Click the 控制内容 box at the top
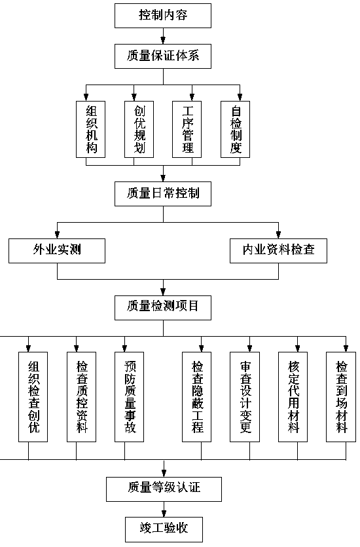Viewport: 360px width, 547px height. pos(163,15)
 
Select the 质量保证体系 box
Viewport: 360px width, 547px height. pos(163,56)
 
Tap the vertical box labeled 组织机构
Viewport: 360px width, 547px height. pos(90,130)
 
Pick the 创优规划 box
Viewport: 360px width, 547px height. pos(139,130)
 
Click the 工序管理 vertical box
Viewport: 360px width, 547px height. pos(187,130)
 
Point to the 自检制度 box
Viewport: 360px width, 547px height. pos(235,130)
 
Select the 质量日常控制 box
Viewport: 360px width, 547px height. pos(163,194)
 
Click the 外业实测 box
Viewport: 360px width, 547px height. pos(57,250)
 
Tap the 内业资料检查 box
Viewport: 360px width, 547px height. pos(278,250)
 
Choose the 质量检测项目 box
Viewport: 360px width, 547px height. pos(163,308)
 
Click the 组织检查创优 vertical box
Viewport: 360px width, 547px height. pos(33,397)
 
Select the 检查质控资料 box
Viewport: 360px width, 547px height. pos(81,397)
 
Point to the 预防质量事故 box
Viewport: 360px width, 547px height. pos(129,397)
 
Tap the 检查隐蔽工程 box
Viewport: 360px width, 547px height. pos(196,397)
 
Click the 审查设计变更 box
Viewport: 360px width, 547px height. pos(245,397)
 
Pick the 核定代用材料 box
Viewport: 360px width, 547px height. pos(293,397)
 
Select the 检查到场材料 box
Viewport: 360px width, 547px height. pos(341,397)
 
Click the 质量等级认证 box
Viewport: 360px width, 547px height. pos(164,489)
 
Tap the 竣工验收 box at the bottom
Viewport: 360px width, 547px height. pos(164,529)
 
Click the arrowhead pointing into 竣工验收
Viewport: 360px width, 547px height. pos(164,514)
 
